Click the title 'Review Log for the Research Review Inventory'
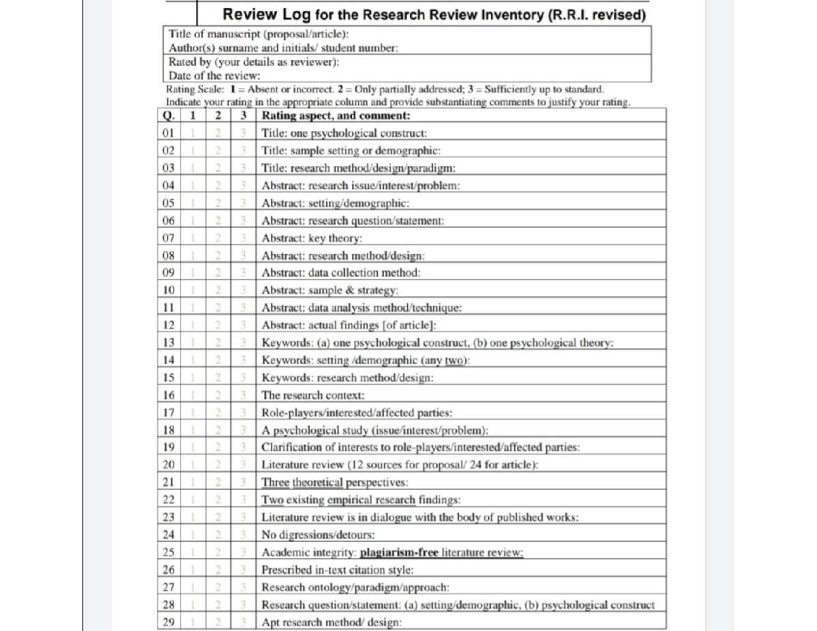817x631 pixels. tap(434, 14)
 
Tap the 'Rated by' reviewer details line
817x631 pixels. tap(254, 61)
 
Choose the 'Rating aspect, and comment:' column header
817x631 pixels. tap(336, 116)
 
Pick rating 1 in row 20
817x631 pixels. tap(193, 464)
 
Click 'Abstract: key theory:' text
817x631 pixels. tap(313, 238)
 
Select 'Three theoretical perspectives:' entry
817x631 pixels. tap(335, 482)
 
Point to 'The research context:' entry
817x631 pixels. tap(313, 395)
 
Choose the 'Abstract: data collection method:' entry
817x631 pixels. tap(341, 272)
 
